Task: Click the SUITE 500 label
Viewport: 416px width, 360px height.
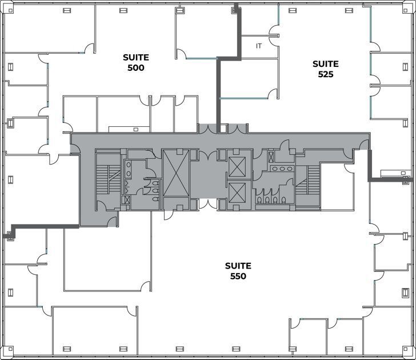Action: (x=136, y=62)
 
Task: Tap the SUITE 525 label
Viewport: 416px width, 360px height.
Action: (x=325, y=69)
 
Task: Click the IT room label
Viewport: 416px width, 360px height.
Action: (x=259, y=46)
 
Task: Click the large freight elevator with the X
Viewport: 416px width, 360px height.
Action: (x=175, y=173)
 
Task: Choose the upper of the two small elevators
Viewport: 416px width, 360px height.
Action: (x=237, y=166)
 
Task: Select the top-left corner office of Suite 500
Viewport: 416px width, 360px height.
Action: (x=49, y=29)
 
